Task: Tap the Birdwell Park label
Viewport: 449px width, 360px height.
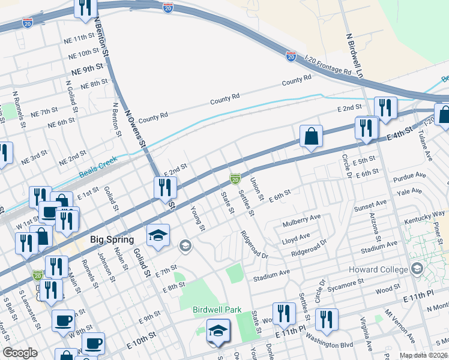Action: tap(217, 310)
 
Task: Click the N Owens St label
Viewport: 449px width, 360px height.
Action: tap(135, 127)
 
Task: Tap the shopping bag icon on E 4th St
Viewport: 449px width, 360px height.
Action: tap(312, 137)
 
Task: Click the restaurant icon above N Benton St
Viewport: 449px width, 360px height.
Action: tap(85, 7)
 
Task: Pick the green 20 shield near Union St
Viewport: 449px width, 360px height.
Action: tap(235, 179)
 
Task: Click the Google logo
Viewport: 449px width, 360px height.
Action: tap(20, 353)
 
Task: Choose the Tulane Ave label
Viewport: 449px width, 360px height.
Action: tap(426, 148)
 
